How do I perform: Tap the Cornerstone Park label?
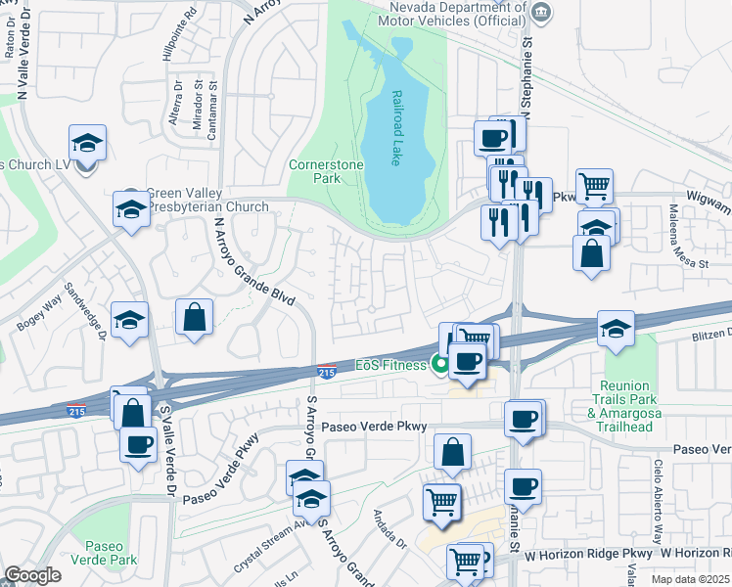coord(327,172)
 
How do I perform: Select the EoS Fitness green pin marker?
coord(441,365)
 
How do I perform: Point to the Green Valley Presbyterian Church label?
coord(206,200)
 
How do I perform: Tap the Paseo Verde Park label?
coord(104,552)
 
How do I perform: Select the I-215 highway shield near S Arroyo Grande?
coord(328,371)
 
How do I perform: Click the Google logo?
coord(31,575)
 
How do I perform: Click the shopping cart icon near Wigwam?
coord(594,185)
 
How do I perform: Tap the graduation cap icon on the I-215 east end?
coord(616,329)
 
